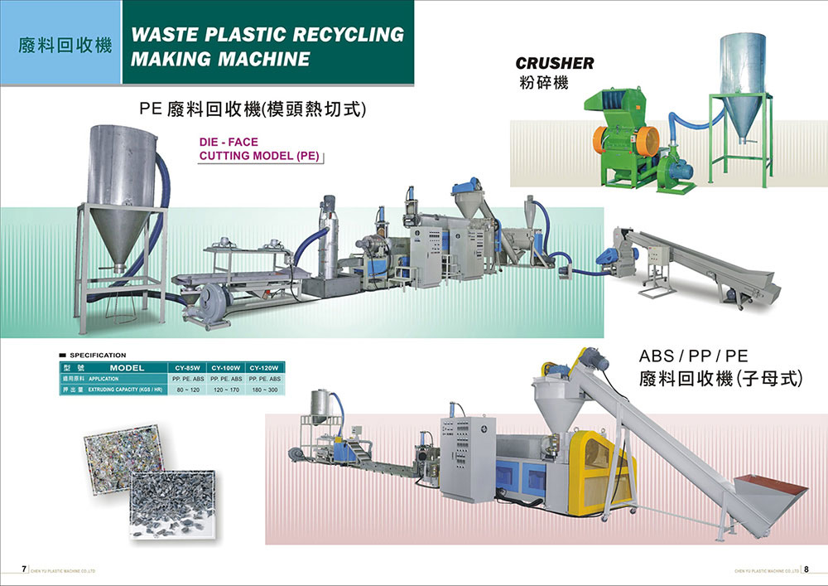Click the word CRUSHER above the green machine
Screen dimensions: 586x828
(555, 63)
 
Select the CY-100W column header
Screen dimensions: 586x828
(225, 367)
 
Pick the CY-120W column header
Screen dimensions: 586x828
(265, 367)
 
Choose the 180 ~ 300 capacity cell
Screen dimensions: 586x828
(265, 389)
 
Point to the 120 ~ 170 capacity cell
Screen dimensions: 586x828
(225, 389)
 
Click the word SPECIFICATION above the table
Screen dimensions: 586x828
(97, 355)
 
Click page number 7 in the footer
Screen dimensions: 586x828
(23, 569)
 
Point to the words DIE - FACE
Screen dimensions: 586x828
(229, 142)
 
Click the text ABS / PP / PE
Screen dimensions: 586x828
(693, 356)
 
